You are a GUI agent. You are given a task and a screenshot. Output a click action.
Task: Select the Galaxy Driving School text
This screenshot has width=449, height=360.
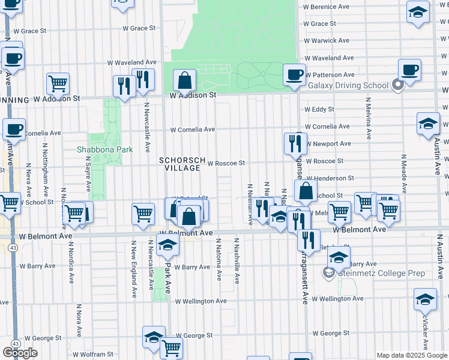(x=348, y=85)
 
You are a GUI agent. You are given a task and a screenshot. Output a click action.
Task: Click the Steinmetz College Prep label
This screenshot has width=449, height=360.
(x=382, y=274)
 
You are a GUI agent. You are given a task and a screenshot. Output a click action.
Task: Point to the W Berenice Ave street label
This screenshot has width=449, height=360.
(x=327, y=7)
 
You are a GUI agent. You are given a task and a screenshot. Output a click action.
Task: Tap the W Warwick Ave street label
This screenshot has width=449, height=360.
(x=327, y=41)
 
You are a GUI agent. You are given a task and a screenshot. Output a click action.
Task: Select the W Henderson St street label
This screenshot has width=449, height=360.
(x=330, y=178)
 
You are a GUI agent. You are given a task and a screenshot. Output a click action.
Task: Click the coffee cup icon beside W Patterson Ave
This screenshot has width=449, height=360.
(x=294, y=75)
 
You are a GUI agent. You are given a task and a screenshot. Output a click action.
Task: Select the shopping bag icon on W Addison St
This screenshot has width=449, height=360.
(x=185, y=80)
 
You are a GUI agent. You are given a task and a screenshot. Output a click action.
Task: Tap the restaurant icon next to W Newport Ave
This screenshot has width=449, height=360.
(x=295, y=143)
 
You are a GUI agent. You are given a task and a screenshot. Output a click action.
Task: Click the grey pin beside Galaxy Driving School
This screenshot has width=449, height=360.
(x=397, y=85)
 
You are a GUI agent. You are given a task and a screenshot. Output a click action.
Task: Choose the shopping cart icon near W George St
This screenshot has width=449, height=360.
(x=172, y=347)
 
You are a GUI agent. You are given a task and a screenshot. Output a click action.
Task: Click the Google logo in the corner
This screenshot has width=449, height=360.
(x=20, y=353)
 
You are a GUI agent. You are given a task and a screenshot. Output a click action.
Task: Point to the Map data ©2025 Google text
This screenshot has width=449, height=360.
(x=412, y=355)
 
